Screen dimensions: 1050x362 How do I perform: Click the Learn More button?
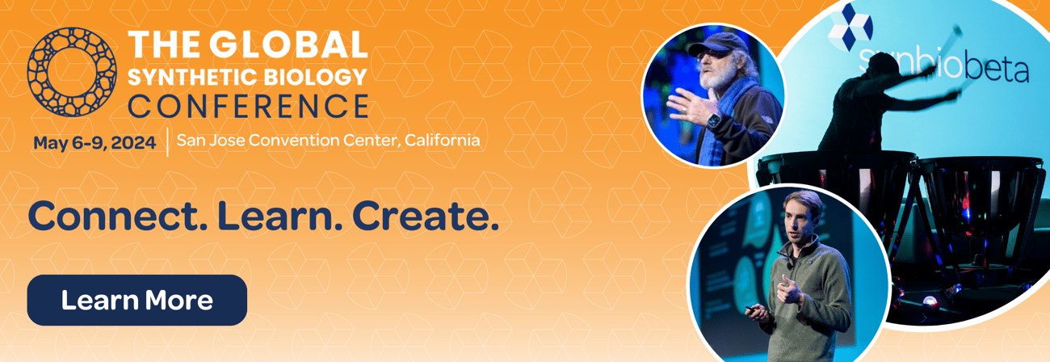136,300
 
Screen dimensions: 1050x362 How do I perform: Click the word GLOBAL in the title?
288,44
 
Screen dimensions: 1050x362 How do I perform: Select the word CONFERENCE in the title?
249,106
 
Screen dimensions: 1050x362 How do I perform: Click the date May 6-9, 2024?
94,142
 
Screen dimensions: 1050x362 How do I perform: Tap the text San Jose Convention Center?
288,141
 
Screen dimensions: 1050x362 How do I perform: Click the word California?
443,141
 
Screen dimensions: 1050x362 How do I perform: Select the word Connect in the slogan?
118,217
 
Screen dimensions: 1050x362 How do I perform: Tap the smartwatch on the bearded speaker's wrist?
714,121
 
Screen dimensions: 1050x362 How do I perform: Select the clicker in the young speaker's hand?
752,308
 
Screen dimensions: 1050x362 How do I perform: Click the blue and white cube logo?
850,26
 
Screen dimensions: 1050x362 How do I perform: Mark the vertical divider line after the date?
167,141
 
